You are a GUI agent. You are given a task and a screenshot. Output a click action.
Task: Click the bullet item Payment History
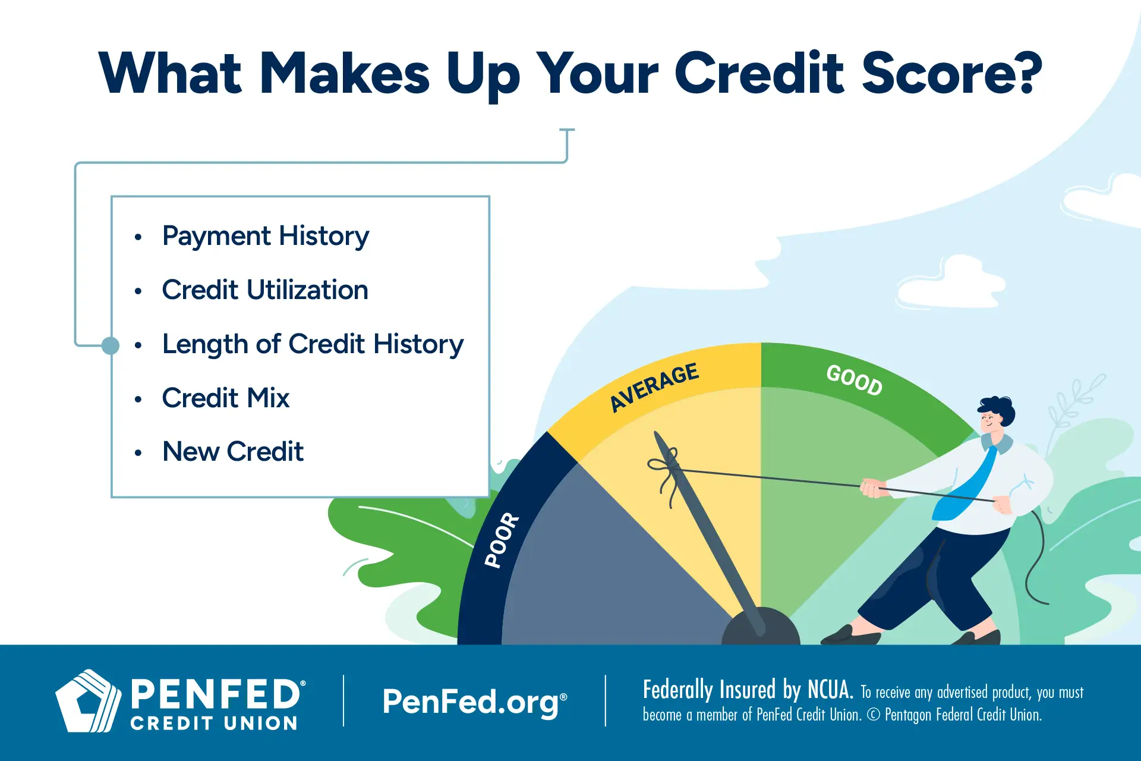pyautogui.click(x=265, y=236)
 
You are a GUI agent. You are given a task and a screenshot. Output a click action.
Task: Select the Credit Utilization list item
pyautogui.click(x=265, y=290)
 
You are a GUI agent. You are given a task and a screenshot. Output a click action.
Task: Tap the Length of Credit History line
pyautogui.click(x=313, y=344)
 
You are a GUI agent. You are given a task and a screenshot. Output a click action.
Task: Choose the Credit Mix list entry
pyautogui.click(x=226, y=398)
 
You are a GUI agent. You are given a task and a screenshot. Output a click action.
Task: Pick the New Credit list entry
pyautogui.click(x=233, y=452)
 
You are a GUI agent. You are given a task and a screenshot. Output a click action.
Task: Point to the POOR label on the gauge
pyautogui.click(x=502, y=540)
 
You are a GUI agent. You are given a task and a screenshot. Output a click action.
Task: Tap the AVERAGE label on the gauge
pyautogui.click(x=654, y=387)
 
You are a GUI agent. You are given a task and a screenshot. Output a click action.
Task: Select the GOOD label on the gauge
pyautogui.click(x=855, y=380)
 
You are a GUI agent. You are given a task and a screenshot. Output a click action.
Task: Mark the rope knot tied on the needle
pyautogui.click(x=669, y=470)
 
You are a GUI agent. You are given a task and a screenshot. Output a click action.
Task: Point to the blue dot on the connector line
pyautogui.click(x=111, y=345)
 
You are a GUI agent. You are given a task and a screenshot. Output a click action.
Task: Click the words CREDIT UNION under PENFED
pyautogui.click(x=214, y=724)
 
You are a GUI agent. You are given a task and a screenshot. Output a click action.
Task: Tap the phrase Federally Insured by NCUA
pyautogui.click(x=748, y=690)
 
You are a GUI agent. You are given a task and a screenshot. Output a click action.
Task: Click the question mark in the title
pyautogui.click(x=1026, y=73)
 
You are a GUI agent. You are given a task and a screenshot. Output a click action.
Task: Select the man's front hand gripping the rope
pyautogui.click(x=872, y=489)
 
